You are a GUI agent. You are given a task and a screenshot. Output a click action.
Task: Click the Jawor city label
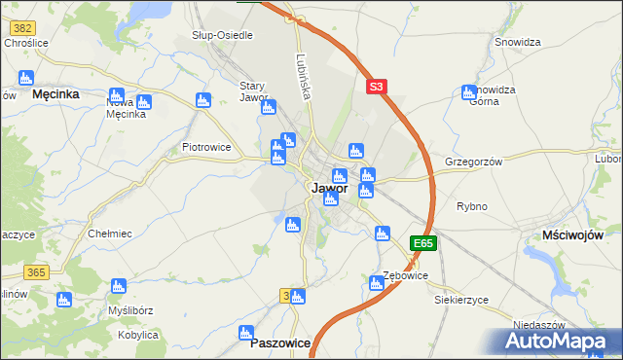(x=329, y=189)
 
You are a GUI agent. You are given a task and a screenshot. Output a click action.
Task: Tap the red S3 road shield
(x=378, y=87)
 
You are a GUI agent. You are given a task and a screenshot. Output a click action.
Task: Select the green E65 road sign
(x=422, y=243)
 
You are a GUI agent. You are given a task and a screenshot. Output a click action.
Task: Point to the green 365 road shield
(x=38, y=270)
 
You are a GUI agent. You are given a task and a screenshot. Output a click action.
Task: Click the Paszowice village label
(x=280, y=343)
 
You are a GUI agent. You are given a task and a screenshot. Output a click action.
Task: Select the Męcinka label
(x=55, y=94)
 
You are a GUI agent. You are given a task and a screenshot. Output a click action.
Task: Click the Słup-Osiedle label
(x=222, y=35)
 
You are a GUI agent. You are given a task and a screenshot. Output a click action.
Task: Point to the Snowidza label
(x=517, y=42)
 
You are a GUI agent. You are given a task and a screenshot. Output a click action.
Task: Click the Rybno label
(x=471, y=206)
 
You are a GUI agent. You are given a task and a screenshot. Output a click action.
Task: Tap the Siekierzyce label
(x=461, y=300)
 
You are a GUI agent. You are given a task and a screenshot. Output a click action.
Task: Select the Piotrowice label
(x=206, y=148)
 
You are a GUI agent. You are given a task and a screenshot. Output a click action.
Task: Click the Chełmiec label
(x=110, y=234)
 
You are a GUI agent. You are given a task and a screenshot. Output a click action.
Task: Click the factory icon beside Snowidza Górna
(x=469, y=93)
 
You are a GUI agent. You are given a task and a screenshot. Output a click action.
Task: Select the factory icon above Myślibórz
(x=119, y=286)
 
